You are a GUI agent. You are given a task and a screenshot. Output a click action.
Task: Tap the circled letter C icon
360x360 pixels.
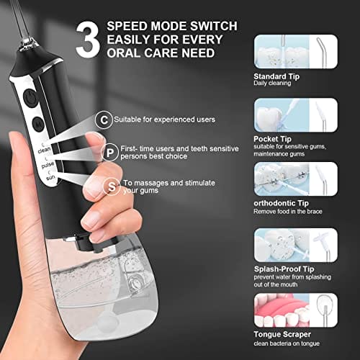click(x=106, y=118)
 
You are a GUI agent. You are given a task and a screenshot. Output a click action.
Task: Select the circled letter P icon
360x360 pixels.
click(x=109, y=151)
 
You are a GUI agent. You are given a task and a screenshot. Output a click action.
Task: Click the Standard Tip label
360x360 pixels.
click(x=276, y=75)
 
